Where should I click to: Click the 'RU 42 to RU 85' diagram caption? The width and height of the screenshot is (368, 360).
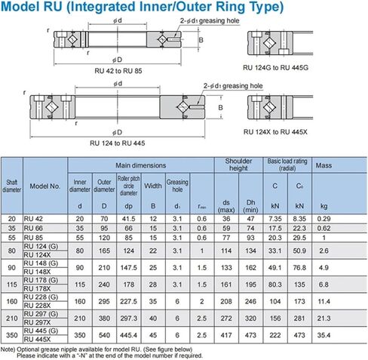pyautogui.click(x=118, y=71)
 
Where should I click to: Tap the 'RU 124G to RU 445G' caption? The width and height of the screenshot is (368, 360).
pyautogui.click(x=275, y=68)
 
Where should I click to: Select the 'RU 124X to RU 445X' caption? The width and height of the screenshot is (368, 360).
pyautogui.click(x=275, y=132)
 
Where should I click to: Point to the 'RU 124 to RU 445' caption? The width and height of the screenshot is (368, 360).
pyautogui.click(x=118, y=143)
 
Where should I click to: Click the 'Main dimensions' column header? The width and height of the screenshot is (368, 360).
pyautogui.click(x=141, y=165)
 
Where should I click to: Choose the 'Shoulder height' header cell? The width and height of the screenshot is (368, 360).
pyautogui.click(x=238, y=165)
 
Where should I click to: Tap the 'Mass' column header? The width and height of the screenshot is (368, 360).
pyautogui.click(x=324, y=165)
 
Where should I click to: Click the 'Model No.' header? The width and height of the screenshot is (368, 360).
pyautogui.click(x=45, y=186)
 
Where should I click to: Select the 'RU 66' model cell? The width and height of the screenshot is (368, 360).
pyautogui.click(x=33, y=228)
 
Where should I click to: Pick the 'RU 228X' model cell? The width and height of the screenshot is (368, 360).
pyautogui.click(x=37, y=306)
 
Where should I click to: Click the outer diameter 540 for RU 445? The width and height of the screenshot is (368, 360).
pyautogui.click(x=104, y=335)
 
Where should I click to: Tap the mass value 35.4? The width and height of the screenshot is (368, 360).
pyautogui.click(x=324, y=335)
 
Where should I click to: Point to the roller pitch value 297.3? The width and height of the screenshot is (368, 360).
pyautogui.click(x=128, y=318)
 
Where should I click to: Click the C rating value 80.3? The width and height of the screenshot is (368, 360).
pyautogui.click(x=275, y=285)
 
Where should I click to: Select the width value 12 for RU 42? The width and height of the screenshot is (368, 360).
pyautogui.click(x=153, y=219)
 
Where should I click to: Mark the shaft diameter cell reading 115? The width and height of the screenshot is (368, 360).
pyautogui.click(x=12, y=285)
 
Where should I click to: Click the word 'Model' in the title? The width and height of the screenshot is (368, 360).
pyautogui.click(x=20, y=7)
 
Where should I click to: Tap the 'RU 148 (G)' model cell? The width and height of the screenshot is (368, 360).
pyautogui.click(x=41, y=263)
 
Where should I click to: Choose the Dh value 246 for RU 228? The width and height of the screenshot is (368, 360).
pyautogui.click(x=250, y=301)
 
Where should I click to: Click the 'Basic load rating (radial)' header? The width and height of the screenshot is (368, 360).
pyautogui.click(x=287, y=165)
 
